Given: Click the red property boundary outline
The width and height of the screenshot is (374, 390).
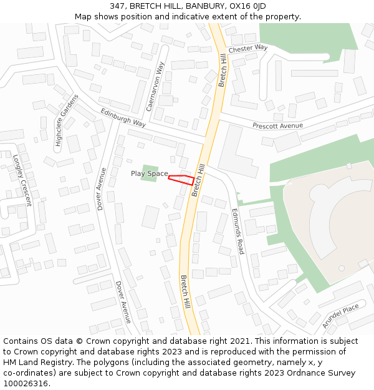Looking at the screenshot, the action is coord(181,180).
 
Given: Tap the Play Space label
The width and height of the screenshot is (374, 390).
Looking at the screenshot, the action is coord(150,173).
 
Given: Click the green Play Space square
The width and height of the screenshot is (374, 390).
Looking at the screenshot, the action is coord(149,173).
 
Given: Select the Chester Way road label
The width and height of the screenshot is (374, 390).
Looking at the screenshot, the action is coord(247,48).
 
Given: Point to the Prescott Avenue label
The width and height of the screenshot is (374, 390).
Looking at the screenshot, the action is coord(277,126).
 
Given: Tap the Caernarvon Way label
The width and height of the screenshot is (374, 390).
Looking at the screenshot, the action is coord(155,86).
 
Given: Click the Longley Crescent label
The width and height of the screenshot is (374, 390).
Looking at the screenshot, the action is coord(22,181).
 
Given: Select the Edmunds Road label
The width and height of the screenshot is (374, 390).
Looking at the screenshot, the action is coord(237,231).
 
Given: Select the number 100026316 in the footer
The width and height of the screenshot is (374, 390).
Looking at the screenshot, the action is coord(26,383).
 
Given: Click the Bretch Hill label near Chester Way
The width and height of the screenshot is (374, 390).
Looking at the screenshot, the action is coord(223,70).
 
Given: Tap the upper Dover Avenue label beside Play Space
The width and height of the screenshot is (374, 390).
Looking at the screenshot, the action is coord(101,188).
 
